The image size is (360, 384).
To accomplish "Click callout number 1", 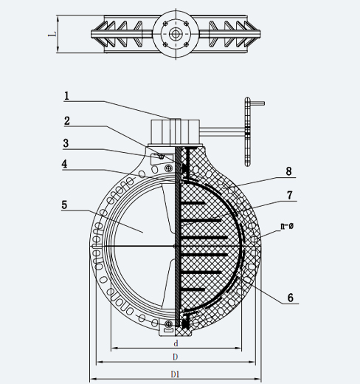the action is (66, 96).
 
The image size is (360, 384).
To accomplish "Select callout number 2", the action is (67, 121).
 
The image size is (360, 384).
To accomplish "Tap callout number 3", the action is (66, 143).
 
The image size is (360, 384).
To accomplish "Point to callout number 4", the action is (64, 164).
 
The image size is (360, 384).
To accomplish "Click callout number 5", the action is (64, 205).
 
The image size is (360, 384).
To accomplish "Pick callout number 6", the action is (291, 298).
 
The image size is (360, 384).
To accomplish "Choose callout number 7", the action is (290, 195).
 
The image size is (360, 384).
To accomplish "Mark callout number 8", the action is (289, 171).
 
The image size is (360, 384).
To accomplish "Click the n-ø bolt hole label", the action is (287, 226).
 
